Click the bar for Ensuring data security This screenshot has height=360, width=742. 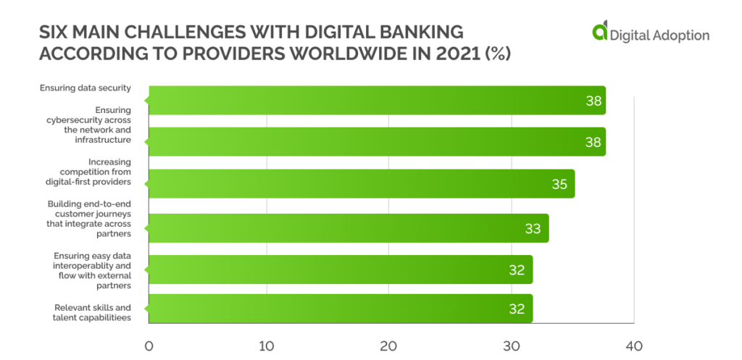tap(377, 101)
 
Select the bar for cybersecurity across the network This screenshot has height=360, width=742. tap(377, 142)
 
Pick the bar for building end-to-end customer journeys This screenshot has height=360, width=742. tap(348, 228)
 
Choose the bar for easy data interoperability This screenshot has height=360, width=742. tap(340, 269)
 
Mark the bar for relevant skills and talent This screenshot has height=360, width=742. tap(340, 309)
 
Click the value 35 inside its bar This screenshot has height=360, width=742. tap(559, 184)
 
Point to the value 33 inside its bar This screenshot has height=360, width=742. tap(533, 229)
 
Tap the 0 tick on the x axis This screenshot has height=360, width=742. tap(149, 346)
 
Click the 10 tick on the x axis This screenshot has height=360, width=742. tap(267, 346)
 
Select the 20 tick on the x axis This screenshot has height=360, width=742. tap(388, 346)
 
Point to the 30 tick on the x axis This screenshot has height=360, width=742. tap(512, 346)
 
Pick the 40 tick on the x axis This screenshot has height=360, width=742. tap(633, 346)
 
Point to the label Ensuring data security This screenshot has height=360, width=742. tap(86, 88)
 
